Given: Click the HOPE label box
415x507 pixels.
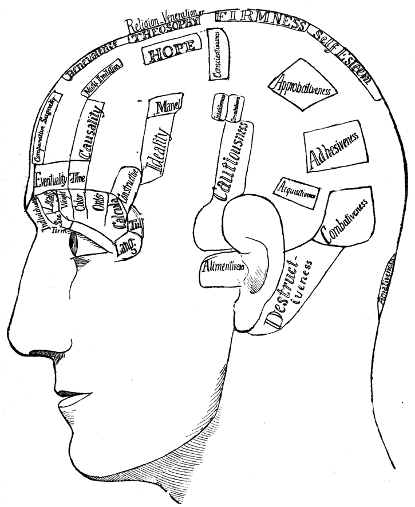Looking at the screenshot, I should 173,55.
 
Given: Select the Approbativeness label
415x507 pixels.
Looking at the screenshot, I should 301,86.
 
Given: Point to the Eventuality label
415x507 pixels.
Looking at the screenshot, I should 50,180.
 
